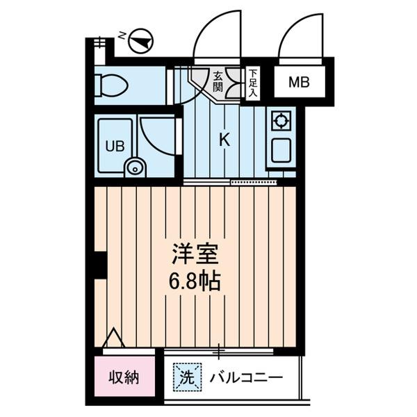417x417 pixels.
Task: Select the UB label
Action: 113,146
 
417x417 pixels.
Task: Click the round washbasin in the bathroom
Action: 134,167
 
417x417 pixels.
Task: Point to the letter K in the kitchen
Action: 224,139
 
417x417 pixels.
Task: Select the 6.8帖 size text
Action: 197,281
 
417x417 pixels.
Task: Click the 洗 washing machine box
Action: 187,379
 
